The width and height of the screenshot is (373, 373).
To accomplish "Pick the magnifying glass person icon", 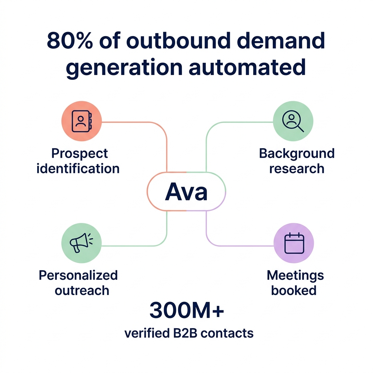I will click(x=293, y=121).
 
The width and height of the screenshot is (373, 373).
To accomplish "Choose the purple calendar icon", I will click(x=294, y=243).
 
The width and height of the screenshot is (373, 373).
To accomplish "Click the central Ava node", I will click(x=186, y=192).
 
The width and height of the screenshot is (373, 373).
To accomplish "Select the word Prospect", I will click(x=79, y=154).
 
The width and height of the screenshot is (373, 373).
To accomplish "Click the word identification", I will click(x=78, y=169).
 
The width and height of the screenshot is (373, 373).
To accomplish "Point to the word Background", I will click(x=297, y=153).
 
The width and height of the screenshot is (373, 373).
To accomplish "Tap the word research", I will click(x=297, y=169).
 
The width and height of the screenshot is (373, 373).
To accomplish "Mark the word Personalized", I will click(x=78, y=275).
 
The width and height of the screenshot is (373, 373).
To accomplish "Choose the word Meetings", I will click(x=295, y=275).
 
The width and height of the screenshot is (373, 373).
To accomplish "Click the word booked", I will click(x=294, y=290).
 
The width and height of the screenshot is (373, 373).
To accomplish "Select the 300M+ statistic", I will click(x=186, y=311).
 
